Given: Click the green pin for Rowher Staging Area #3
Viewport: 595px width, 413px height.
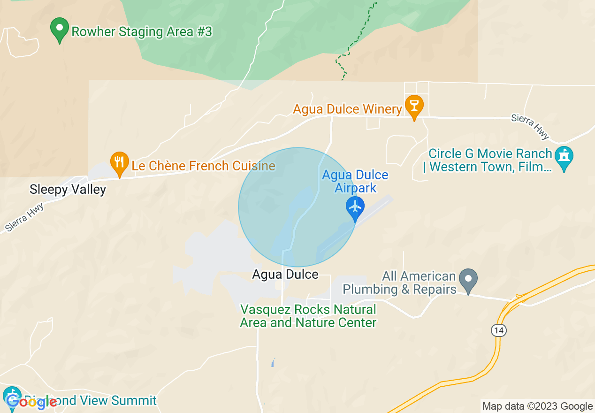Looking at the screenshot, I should [x=60, y=29].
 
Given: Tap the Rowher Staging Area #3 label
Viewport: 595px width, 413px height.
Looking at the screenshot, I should [x=142, y=32].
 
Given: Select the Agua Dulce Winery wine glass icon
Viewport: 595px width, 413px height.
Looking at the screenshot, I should [x=414, y=106].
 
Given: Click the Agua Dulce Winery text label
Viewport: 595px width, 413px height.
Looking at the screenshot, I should [x=348, y=109].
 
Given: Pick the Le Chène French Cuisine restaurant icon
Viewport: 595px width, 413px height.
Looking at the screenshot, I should [x=119, y=163].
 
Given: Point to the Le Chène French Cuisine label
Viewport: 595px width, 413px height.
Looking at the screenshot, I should [x=203, y=166].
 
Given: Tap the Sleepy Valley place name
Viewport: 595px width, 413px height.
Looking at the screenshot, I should [x=68, y=190].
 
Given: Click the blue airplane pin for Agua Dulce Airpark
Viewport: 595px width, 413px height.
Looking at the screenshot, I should [x=355, y=207].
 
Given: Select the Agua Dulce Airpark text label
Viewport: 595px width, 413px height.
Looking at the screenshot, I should [x=355, y=182].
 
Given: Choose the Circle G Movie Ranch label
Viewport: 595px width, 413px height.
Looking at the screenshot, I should [x=490, y=160].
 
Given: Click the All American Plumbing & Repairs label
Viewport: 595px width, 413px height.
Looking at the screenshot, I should [x=399, y=283].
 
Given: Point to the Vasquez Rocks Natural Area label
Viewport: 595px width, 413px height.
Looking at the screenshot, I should [x=308, y=316].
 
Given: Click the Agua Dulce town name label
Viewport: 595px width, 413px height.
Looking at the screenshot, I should [x=285, y=274].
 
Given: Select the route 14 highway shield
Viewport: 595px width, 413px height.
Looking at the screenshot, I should [x=499, y=331].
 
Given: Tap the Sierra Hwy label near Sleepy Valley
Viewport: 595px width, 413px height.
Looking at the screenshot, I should [x=25, y=217].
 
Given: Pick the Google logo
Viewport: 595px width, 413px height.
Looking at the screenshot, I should [x=31, y=401].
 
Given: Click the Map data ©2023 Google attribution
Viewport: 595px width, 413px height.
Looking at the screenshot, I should [x=538, y=406].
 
